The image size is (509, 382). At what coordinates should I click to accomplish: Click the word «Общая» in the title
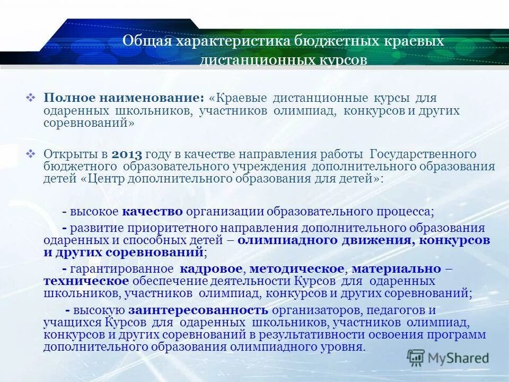[144, 41]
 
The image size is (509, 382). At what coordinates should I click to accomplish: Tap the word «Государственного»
[422, 154]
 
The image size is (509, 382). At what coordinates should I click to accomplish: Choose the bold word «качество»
[153, 211]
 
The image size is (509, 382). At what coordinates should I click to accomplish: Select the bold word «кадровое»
[211, 269]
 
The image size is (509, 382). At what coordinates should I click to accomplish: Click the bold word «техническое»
[86, 281]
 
